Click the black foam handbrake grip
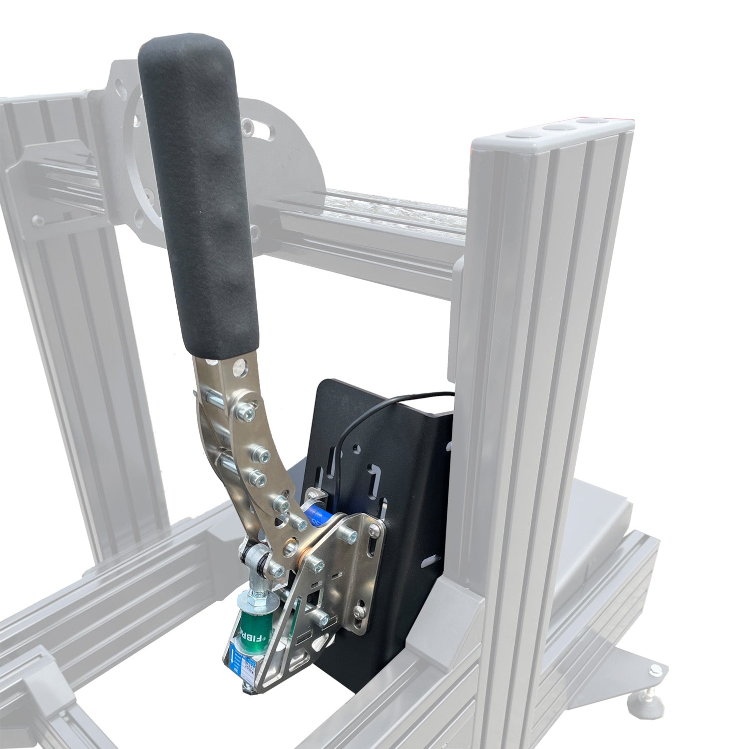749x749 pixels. click(x=200, y=190)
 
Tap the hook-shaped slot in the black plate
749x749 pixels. click(x=373, y=476)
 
